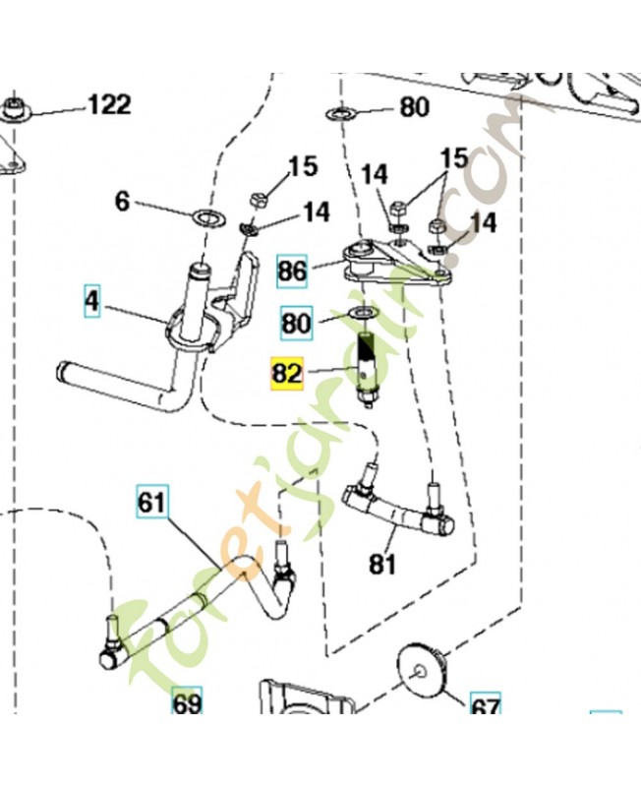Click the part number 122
pyautogui.click(x=109, y=105)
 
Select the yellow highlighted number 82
pyautogui.click(x=287, y=374)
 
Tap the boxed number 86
pyautogui.click(x=292, y=272)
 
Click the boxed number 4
pyautogui.click(x=91, y=302)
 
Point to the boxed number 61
pyautogui.click(x=152, y=502)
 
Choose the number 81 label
pyautogui.click(x=382, y=564)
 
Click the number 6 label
pyautogui.click(x=122, y=202)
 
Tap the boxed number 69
pyautogui.click(x=187, y=700)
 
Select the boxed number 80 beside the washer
pyautogui.click(x=296, y=323)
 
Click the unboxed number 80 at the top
pyautogui.click(x=414, y=107)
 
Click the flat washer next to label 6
pyautogui.click(x=209, y=217)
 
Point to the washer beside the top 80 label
pyautogui.click(x=341, y=114)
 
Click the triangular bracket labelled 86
pyautogui.click(x=396, y=263)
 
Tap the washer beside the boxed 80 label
pyautogui.click(x=362, y=315)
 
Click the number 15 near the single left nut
pyautogui.click(x=303, y=166)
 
